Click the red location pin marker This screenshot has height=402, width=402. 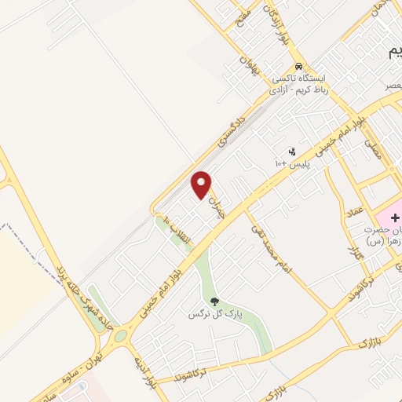coord(202,185)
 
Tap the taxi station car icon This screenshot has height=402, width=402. coord(298,67)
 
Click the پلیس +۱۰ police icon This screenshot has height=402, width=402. coord(292,151)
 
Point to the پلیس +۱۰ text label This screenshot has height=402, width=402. coord(292,163)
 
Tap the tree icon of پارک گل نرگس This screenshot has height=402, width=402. coord(213,301)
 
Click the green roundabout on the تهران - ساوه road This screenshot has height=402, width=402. coord(119,338)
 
